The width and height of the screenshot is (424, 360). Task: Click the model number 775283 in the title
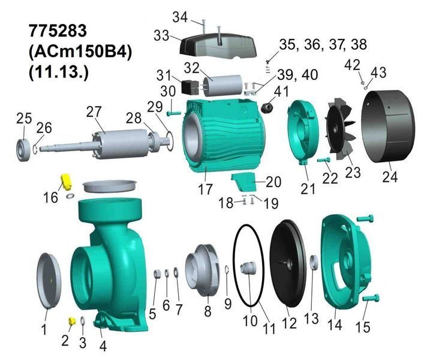click(58, 31)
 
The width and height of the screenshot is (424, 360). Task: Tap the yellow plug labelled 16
click(66, 182)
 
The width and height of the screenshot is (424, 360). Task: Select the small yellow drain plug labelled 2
click(71, 322)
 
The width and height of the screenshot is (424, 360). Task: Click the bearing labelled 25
click(23, 151)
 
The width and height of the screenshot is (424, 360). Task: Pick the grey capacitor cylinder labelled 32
click(223, 85)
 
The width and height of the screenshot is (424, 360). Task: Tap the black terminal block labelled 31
click(190, 87)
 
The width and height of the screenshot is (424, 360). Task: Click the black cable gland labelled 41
click(267, 107)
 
